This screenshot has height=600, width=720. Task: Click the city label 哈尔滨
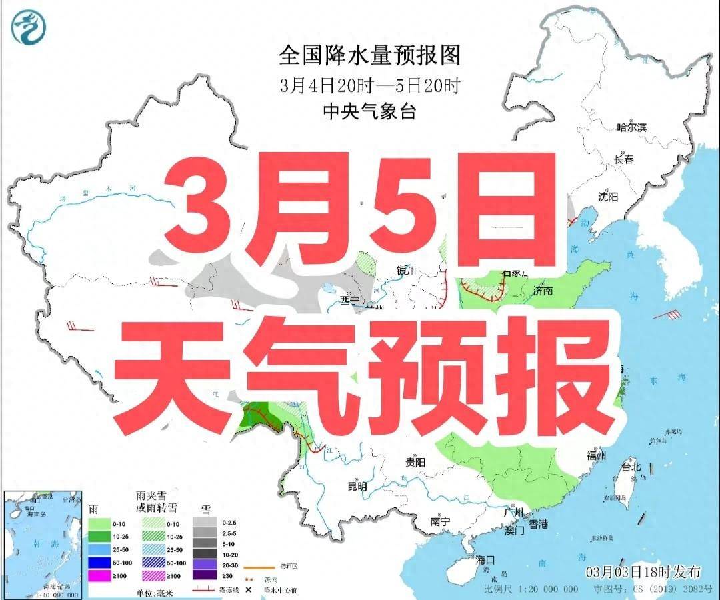[632, 127]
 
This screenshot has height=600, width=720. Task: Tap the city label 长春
[623, 160]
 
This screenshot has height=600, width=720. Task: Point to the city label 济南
[543, 291]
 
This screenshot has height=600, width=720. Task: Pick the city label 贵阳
[415, 461]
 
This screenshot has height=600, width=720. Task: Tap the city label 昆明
[357, 487]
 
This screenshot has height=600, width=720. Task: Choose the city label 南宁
[441, 521]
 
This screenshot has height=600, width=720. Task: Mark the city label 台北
[630, 467]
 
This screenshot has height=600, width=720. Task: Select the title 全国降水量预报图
[369, 55]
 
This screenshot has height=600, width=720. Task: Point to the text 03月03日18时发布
[643, 572]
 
